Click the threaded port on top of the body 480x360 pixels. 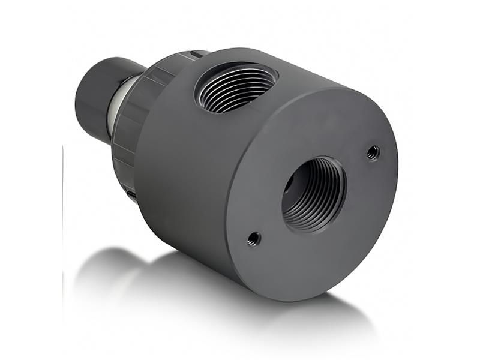pyautogui.click(x=236, y=88)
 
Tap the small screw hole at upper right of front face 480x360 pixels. pyautogui.click(x=373, y=152)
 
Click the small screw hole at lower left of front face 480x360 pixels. pyautogui.click(x=254, y=239)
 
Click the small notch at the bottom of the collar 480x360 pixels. pyautogui.click(x=131, y=194)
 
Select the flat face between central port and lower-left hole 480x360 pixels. pyautogui.click(x=270, y=222)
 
